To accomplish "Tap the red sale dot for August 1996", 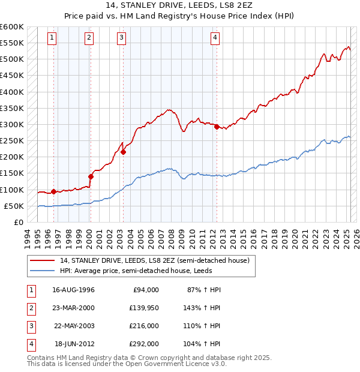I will (x=53, y=191).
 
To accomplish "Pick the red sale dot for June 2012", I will (x=217, y=127).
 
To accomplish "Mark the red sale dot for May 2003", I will (x=123, y=152).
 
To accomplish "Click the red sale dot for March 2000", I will (x=91, y=176).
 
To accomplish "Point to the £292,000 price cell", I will (x=145, y=344).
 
